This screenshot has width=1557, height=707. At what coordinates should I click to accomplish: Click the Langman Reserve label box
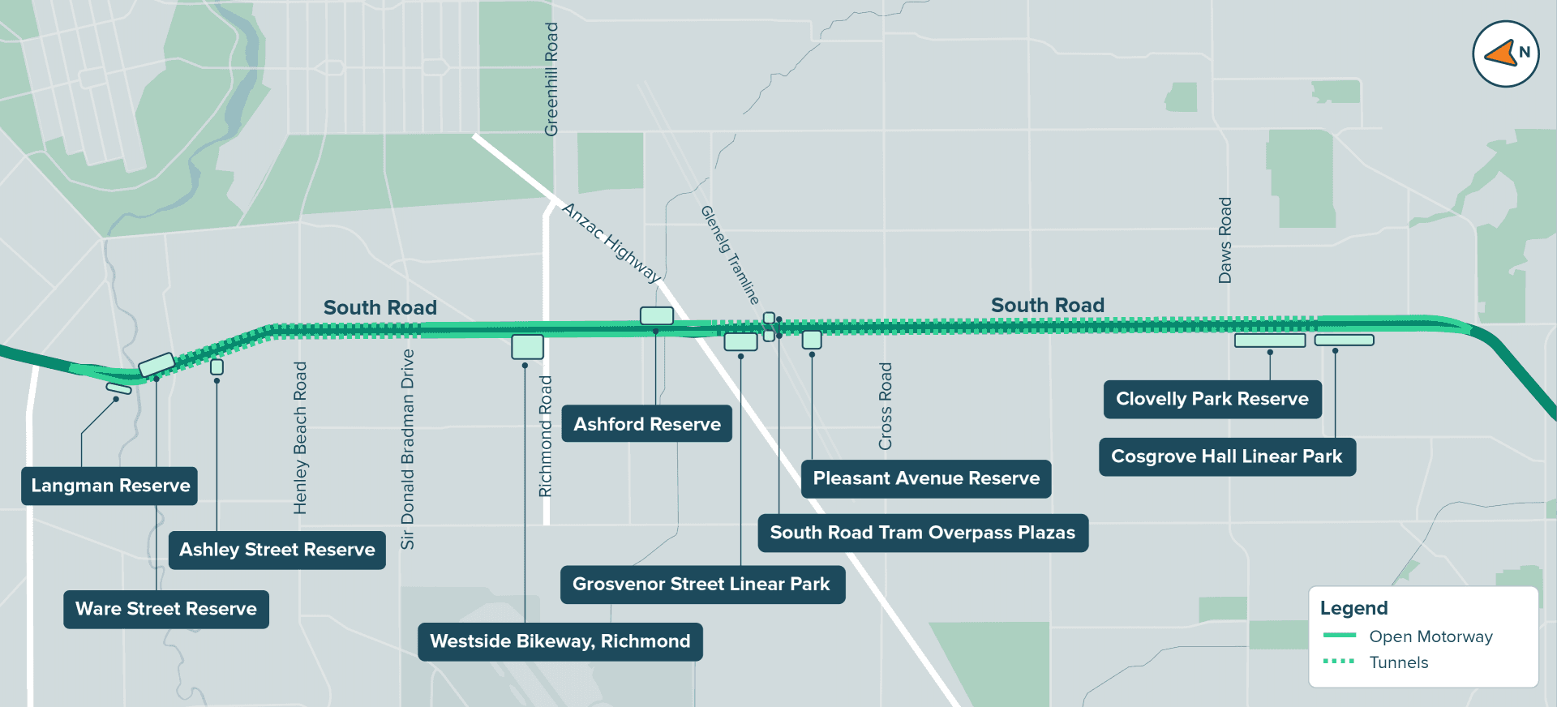[x=109, y=486]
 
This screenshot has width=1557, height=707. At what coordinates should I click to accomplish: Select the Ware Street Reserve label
[x=166, y=609]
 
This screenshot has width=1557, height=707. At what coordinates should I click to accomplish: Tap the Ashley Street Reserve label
[x=277, y=550]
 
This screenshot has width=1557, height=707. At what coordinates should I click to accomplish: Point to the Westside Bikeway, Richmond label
[x=560, y=641]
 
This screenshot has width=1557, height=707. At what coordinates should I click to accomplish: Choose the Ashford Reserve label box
[x=647, y=424]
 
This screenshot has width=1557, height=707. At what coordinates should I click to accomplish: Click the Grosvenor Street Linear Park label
[x=701, y=584]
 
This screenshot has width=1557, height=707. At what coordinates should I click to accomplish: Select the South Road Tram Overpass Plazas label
[x=922, y=533]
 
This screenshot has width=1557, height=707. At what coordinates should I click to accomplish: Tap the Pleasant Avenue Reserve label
[x=926, y=478]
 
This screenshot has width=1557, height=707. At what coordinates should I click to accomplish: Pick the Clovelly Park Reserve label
[x=1212, y=399]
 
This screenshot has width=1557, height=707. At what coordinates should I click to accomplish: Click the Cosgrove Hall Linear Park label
[x=1226, y=456]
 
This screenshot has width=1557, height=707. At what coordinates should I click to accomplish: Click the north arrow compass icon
[x=1505, y=54]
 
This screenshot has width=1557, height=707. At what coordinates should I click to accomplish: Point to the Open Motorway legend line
[x=1339, y=636]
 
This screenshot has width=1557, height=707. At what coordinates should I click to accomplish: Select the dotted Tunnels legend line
[x=1339, y=662]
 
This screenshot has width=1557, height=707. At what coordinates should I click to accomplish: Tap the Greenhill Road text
[x=551, y=79]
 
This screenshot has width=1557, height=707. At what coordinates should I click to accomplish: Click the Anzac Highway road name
[x=612, y=242]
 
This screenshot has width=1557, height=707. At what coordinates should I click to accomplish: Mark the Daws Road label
[x=1225, y=240]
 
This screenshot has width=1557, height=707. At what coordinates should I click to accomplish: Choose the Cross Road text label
[x=885, y=406]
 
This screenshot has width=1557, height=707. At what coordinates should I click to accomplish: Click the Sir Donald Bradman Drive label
[x=407, y=449]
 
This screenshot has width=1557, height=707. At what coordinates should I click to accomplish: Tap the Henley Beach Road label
[x=300, y=438]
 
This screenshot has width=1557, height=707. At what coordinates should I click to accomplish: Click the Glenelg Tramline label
[x=730, y=254]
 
